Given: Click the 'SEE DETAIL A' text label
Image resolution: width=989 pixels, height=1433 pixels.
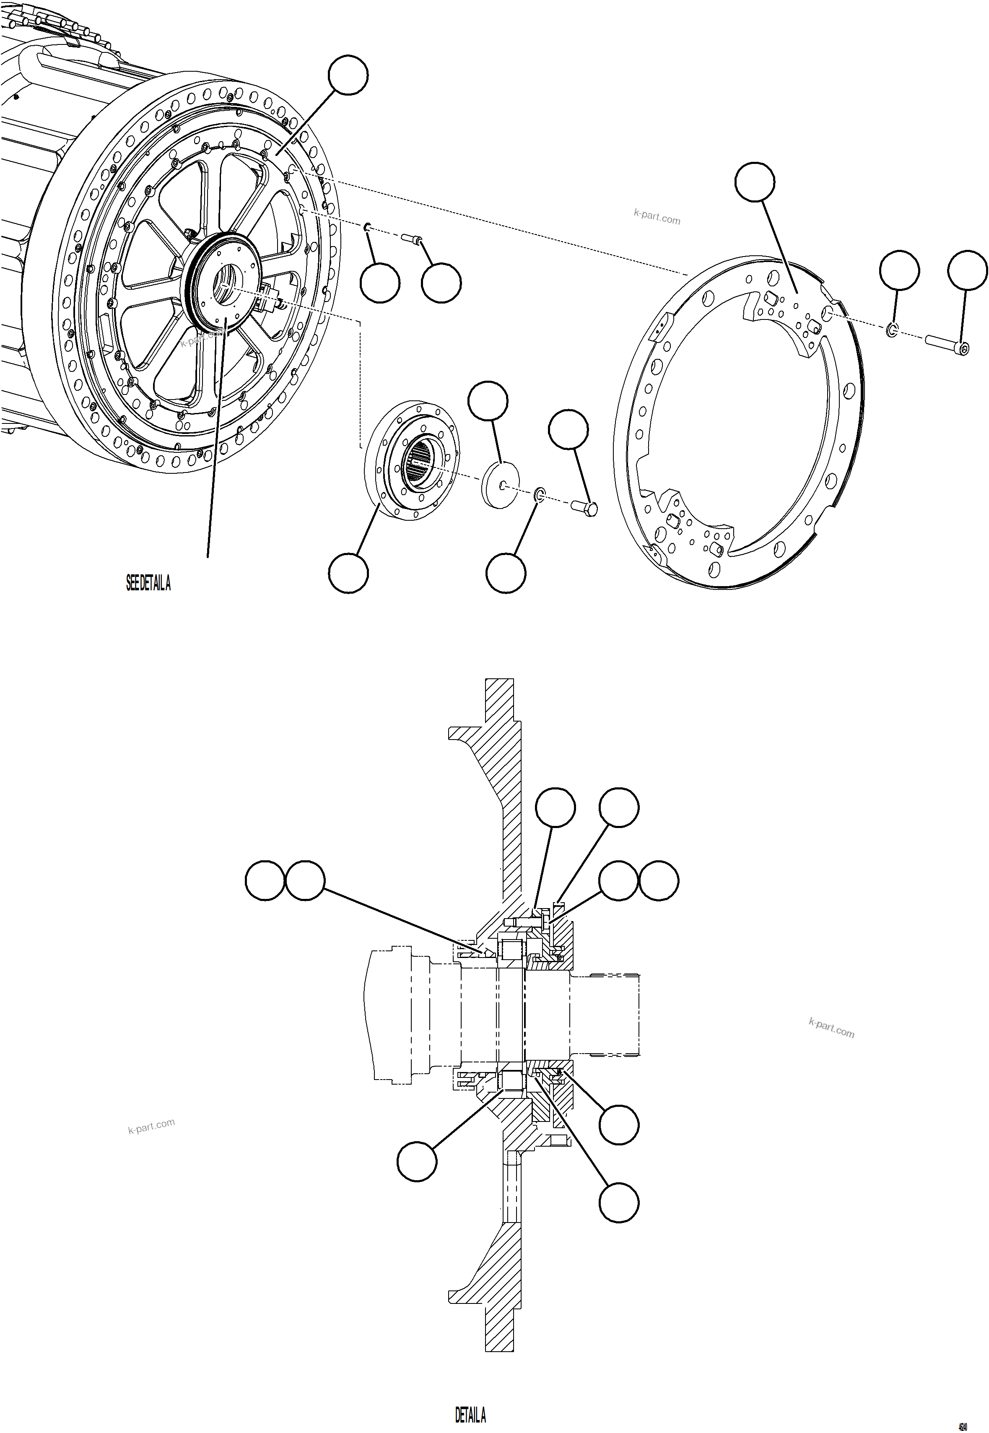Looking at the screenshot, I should coord(148,584).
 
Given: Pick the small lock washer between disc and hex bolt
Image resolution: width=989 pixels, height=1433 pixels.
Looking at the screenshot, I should coord(540,494).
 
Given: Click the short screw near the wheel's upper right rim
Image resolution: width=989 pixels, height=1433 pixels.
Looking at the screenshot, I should coord(411,238).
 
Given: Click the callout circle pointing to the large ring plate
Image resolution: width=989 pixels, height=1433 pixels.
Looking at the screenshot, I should coord(755,182).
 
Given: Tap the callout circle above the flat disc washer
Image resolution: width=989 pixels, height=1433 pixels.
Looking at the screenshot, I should coord(488,402).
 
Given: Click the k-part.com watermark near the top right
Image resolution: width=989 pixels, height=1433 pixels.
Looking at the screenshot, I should coord(657,217).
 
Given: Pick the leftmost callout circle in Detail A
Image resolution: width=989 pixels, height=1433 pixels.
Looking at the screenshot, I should coord(265,880).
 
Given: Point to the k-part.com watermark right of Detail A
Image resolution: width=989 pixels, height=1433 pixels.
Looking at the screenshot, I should coord(831,1028).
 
